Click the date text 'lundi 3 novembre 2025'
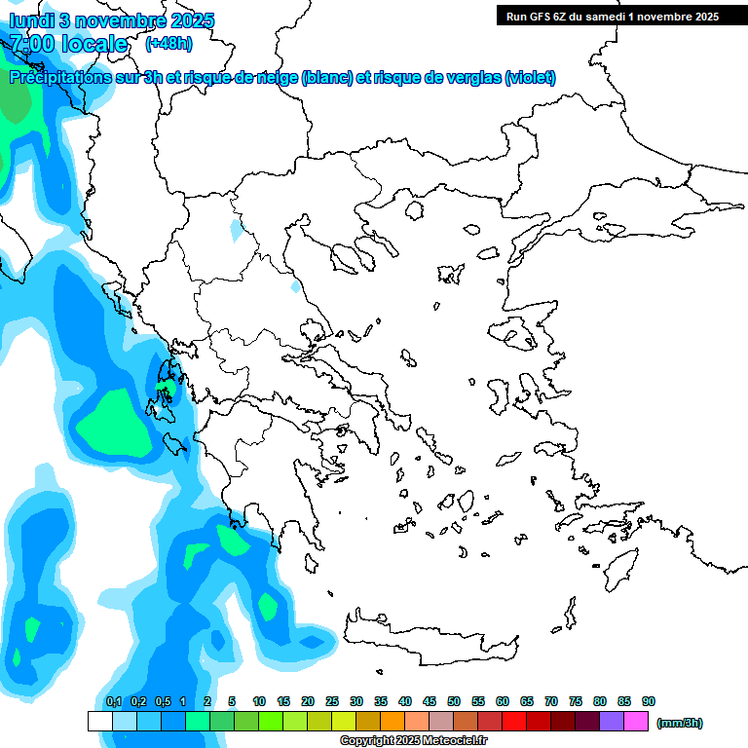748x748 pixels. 112,20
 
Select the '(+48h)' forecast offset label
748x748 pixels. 168,43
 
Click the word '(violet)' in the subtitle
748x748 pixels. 531,78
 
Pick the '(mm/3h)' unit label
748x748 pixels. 680,723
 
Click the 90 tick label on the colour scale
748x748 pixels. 649,702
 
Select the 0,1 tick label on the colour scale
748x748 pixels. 113,702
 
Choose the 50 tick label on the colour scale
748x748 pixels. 454,702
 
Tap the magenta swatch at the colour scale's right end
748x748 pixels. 636,722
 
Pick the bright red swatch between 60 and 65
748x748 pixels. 514,722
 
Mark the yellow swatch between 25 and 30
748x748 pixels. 344,722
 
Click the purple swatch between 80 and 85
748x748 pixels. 612,722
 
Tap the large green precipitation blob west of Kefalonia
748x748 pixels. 115,421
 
